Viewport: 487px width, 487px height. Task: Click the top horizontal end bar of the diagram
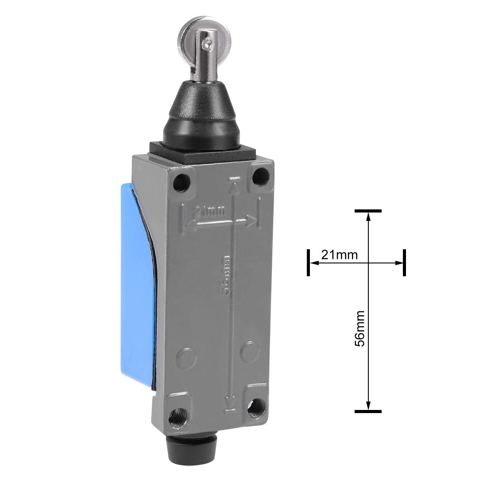[x=368, y=211]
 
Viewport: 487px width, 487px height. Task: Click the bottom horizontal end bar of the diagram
[x=368, y=410]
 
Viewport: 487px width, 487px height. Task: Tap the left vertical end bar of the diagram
[x=307, y=263]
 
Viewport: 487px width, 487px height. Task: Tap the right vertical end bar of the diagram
[x=404, y=263]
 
